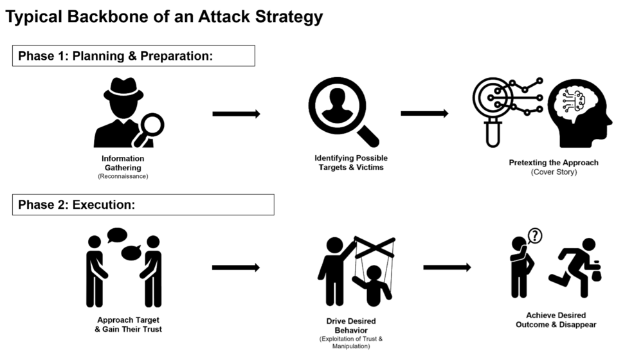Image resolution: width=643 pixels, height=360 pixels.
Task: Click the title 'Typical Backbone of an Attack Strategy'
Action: (x=164, y=17)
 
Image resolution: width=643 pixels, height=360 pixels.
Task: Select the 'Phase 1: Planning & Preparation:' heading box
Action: (x=133, y=56)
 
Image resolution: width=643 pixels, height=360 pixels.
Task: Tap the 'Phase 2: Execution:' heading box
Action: (x=143, y=205)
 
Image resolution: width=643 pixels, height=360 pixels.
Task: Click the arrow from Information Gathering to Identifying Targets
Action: (x=236, y=114)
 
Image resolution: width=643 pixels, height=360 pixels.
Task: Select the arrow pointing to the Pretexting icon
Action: (x=424, y=114)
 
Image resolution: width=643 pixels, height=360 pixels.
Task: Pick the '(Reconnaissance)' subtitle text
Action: (x=123, y=176)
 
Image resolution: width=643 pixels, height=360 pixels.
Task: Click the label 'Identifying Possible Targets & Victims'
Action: (x=351, y=163)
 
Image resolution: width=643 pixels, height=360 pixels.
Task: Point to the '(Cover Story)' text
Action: (x=553, y=172)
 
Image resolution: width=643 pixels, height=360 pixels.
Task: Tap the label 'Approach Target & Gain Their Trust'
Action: (x=129, y=325)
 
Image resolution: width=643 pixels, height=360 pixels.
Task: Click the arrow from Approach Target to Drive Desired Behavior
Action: (x=235, y=267)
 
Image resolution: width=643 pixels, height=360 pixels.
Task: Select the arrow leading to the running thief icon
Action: (x=447, y=267)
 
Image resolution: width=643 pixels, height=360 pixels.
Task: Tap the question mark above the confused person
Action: (x=534, y=236)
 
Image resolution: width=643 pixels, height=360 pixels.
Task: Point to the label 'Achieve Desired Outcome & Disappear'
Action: (x=556, y=320)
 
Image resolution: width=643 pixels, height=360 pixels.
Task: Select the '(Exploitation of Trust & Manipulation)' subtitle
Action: (x=351, y=341)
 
